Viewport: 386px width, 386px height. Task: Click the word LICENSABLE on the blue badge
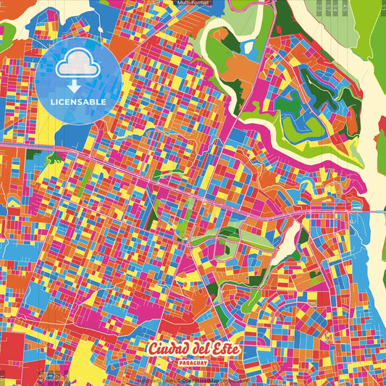(x=77, y=102)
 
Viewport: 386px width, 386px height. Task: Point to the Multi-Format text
(x=193, y=3)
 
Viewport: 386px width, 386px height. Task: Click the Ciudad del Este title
(x=193, y=348)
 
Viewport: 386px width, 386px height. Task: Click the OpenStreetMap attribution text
(x=211, y=379)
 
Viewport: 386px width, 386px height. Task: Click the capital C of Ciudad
(x=153, y=348)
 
